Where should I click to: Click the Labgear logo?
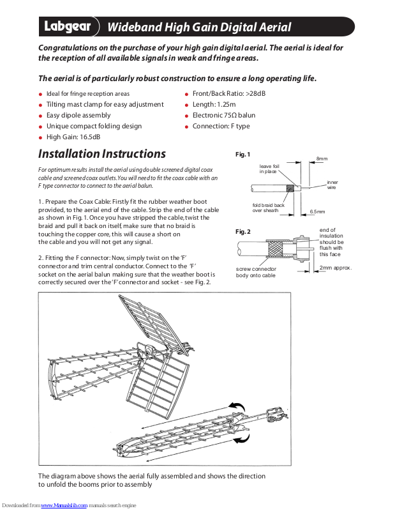coord(67,27)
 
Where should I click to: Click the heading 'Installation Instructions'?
coord(102,154)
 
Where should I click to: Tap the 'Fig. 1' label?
coord(243,155)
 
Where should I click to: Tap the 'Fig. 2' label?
coord(243,231)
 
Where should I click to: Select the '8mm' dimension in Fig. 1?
coord(322,158)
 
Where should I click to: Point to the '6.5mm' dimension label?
coord(317,211)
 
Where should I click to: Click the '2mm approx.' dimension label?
coord(336,268)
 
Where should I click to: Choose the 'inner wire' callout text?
coord(332,185)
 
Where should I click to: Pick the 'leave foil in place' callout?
coord(269,169)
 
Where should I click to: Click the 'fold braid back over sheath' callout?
coord(269,208)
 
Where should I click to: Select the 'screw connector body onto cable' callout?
coord(256,272)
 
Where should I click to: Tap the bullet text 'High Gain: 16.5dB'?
coord(73,137)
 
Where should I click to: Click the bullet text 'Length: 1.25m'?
coord(214,104)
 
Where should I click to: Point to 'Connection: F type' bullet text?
coord(221,126)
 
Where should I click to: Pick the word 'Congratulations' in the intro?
coord(70,48)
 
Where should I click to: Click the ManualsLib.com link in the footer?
coord(64,506)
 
